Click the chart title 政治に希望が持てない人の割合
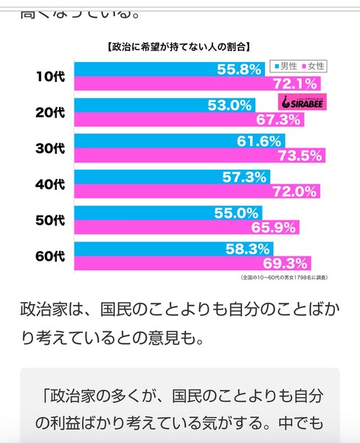click(x=177, y=47)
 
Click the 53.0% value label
click(x=230, y=105)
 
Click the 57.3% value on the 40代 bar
click(x=245, y=177)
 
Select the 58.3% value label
click(x=249, y=250)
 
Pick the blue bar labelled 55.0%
click(x=148, y=213)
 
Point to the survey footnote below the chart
click(x=284, y=278)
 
